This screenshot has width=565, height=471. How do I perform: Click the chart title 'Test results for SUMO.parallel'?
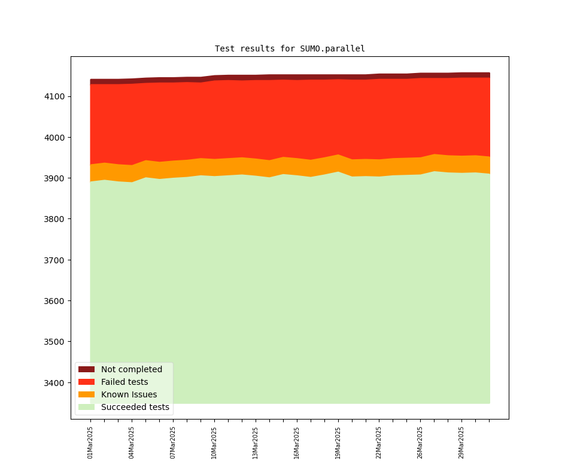(290, 48)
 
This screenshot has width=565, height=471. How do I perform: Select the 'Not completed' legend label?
(131, 369)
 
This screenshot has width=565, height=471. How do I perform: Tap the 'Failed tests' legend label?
(124, 382)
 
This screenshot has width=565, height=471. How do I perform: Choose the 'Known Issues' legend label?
(129, 394)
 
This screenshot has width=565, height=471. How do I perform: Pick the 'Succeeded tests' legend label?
(135, 407)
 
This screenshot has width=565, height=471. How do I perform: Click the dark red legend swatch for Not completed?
(86, 369)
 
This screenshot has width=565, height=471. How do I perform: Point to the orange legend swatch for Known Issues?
(86, 394)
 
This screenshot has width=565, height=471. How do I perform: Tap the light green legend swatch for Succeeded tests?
(86, 407)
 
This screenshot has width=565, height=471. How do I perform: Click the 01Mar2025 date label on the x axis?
(90, 442)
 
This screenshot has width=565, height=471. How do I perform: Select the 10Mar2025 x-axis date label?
(214, 442)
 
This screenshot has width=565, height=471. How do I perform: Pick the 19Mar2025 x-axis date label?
(338, 442)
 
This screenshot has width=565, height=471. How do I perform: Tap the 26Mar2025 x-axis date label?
(420, 442)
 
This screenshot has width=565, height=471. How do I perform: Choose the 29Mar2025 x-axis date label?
(461, 442)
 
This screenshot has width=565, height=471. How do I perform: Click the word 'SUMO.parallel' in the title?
(333, 48)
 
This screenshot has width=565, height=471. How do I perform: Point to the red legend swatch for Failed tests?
(86, 382)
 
